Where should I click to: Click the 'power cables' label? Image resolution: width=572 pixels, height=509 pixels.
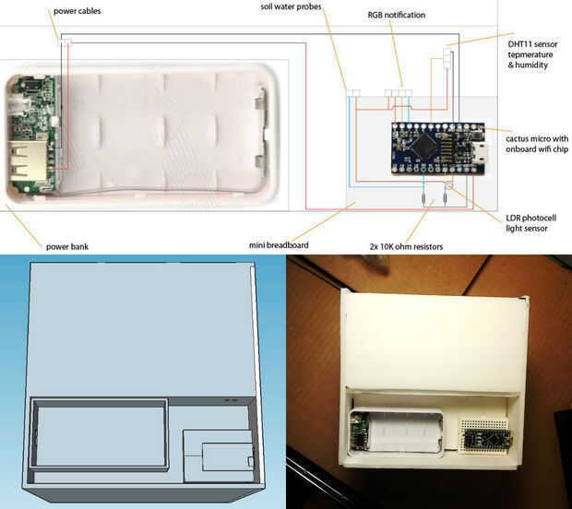76,11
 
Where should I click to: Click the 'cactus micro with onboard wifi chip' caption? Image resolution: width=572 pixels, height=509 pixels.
535,144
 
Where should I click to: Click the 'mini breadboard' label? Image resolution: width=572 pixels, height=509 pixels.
280,244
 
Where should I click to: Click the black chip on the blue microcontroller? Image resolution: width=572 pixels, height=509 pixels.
425,143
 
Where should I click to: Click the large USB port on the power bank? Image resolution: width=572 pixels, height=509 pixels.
22,164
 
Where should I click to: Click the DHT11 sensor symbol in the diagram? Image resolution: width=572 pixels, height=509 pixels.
447,59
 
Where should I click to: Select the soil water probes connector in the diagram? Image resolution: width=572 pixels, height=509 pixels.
352,92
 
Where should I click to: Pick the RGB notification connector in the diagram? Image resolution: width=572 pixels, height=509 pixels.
397,92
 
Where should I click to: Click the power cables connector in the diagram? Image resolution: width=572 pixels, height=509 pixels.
65,42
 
